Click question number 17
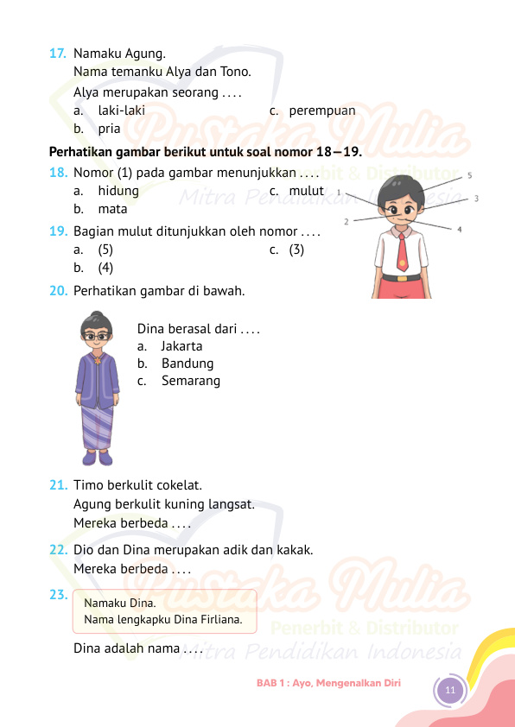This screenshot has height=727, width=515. pyautogui.click(x=59, y=54)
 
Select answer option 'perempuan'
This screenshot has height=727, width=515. pyautogui.click(x=321, y=111)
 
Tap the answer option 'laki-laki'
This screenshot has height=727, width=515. pyautogui.click(x=120, y=111)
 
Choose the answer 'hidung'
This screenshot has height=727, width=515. pyautogui.click(x=118, y=191)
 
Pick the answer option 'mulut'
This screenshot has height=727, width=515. pyautogui.click(x=306, y=191)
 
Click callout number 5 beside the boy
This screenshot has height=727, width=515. pyautogui.click(x=468, y=175)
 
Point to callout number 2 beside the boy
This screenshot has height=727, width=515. pyautogui.click(x=347, y=222)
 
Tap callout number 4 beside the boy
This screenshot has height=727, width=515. pyautogui.click(x=459, y=230)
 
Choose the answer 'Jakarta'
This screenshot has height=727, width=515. pyautogui.click(x=181, y=346)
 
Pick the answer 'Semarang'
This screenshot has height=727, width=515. pyautogui.click(x=190, y=381)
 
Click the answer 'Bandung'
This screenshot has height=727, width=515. pyautogui.click(x=187, y=363)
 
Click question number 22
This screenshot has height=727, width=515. pyautogui.click(x=59, y=550)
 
